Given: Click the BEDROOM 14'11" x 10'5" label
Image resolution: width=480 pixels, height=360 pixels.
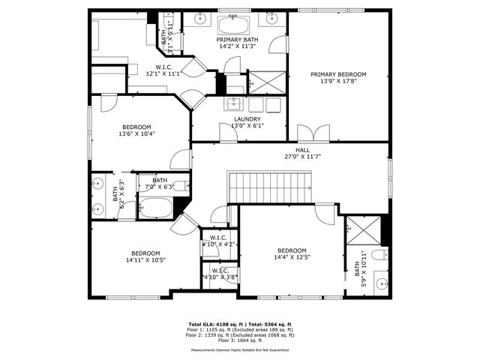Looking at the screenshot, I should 146,256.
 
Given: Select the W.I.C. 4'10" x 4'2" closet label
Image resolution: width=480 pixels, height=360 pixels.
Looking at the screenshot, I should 219,241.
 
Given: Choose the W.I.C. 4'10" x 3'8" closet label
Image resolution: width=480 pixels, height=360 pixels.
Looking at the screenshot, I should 220,274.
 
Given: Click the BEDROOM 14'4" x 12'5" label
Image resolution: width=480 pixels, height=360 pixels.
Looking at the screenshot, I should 292,254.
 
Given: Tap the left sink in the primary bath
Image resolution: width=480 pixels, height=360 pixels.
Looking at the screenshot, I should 199,19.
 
